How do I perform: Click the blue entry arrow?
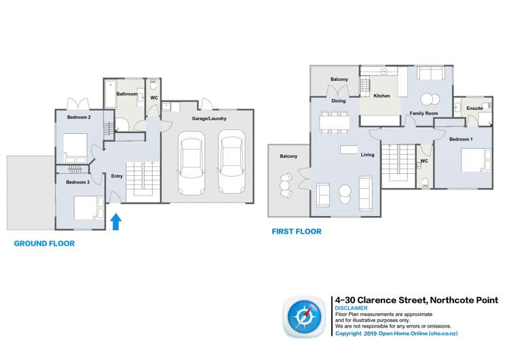point(115,221)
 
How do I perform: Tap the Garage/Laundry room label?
point(209,119)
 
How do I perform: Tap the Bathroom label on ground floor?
point(127,94)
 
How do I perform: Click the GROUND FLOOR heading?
point(45,243)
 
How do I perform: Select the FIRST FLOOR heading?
point(296,232)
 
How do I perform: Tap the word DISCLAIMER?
point(352,308)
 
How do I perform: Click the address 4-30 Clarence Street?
point(417,300)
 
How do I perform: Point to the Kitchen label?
point(382,96)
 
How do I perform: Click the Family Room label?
point(423,113)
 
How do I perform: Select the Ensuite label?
point(475,109)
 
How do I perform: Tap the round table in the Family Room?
point(430,97)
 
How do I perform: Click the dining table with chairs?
point(334,122)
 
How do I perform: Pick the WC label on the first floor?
point(423,161)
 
